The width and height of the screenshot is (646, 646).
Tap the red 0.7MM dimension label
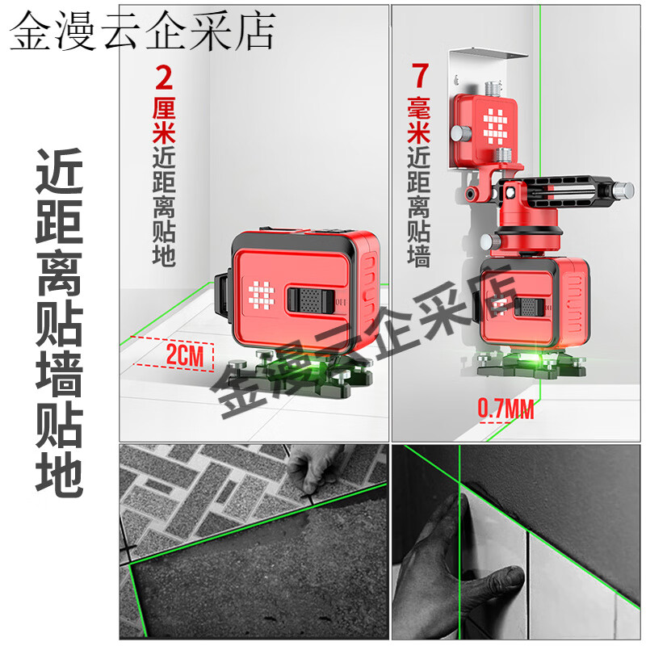(x=506, y=409)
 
